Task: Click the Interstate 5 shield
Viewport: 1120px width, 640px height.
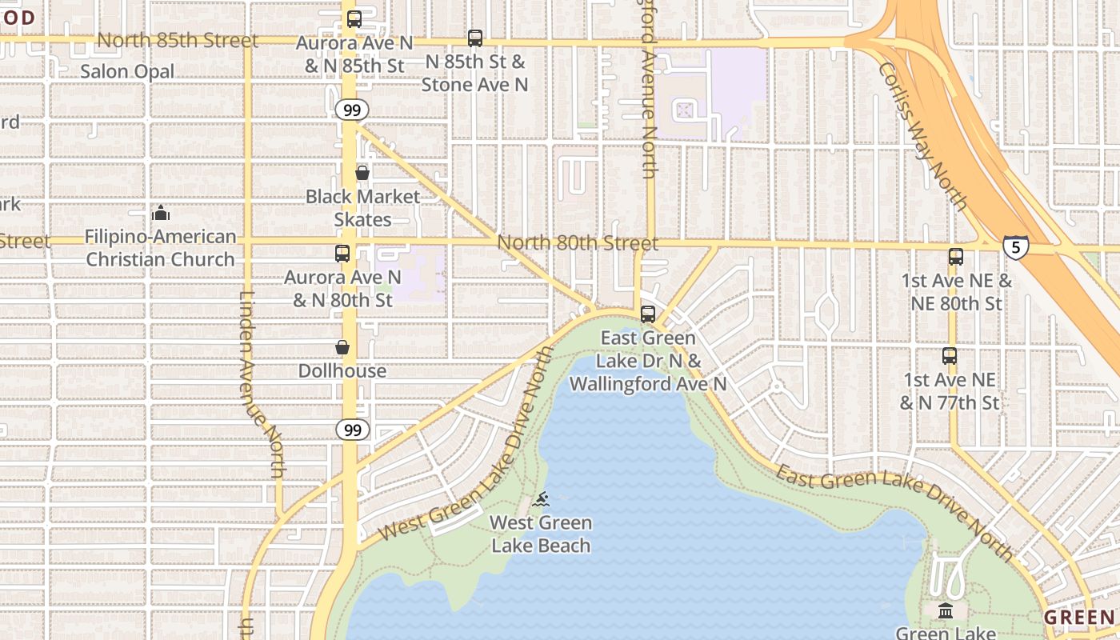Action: [x=1015, y=246]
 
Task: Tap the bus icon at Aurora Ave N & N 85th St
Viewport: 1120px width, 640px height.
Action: [x=354, y=19]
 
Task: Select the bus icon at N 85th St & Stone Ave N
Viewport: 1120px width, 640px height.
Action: [x=475, y=38]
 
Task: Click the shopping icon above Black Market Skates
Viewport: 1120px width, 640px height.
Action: [x=362, y=173]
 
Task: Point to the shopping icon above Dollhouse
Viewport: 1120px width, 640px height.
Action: [x=342, y=347]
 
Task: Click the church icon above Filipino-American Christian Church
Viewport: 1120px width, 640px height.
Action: [x=161, y=213]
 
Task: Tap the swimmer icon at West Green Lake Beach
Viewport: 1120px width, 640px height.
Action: [x=542, y=500]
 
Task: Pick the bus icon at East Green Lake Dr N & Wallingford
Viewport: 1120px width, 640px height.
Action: [x=648, y=314]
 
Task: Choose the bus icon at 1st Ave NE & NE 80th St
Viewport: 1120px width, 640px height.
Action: [x=956, y=257]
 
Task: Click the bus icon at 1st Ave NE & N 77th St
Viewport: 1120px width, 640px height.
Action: [x=950, y=356]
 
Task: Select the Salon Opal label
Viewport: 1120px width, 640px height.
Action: [x=127, y=71]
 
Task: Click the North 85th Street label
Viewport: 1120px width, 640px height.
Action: [x=178, y=40]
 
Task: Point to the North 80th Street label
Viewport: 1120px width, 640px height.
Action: [x=578, y=242]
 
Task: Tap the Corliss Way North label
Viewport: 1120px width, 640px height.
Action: [x=923, y=136]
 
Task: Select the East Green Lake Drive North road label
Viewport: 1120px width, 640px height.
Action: [x=894, y=509]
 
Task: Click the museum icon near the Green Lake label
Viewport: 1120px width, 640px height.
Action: [x=946, y=611]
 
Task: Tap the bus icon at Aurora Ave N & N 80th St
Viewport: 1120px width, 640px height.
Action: [x=342, y=254]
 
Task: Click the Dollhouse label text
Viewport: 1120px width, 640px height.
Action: [x=342, y=371]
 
